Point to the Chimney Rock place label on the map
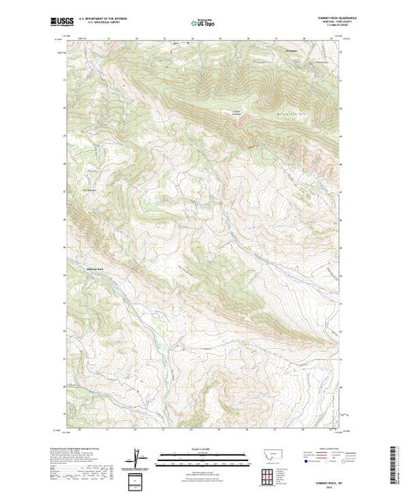point(93,268)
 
